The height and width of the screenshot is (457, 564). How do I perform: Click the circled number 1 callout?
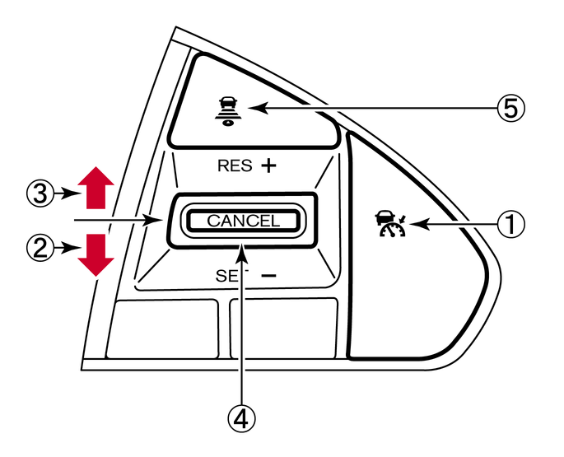(x=514, y=222)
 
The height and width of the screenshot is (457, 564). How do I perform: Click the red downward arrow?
(x=96, y=254)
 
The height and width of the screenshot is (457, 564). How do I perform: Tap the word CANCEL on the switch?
(x=243, y=221)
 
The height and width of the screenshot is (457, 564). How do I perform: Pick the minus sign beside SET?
(x=268, y=276)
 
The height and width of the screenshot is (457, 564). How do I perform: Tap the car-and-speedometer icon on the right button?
(x=389, y=224)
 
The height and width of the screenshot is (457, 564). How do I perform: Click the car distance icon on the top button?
(x=226, y=108)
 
